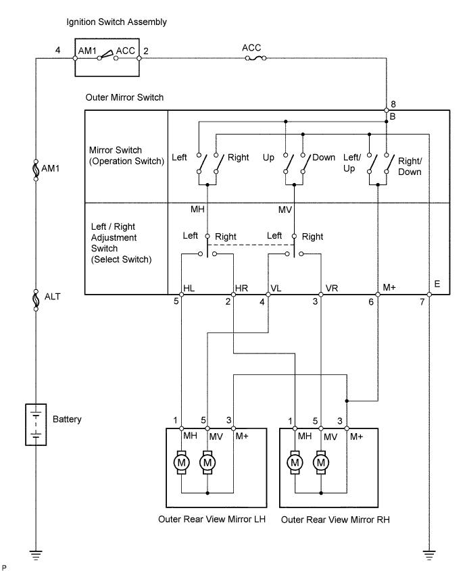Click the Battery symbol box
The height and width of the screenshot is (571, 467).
(x=36, y=424)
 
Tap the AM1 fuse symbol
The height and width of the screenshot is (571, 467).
(x=36, y=170)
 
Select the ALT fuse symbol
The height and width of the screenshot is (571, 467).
(x=36, y=300)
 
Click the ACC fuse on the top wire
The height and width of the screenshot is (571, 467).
(x=255, y=58)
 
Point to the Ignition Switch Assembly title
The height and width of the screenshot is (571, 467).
(x=116, y=22)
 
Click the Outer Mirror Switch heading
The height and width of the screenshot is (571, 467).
(x=124, y=97)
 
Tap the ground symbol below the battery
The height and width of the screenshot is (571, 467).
(x=36, y=555)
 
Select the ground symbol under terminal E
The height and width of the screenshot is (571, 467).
(x=429, y=555)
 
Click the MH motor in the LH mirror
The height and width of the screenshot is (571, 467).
(x=181, y=463)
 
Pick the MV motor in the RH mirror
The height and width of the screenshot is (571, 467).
(x=321, y=463)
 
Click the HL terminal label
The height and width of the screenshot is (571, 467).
(x=189, y=289)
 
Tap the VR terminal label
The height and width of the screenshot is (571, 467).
(x=331, y=289)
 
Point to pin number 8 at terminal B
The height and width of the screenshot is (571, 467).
(x=393, y=104)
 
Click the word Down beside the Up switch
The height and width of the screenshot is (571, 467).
(x=324, y=157)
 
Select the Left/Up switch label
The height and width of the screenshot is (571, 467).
(x=352, y=163)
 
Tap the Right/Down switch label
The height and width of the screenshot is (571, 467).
(x=410, y=166)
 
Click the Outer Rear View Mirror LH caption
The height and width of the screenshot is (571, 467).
(x=212, y=519)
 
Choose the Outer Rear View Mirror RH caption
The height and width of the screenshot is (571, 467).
(x=335, y=520)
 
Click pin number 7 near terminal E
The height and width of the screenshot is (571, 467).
(x=422, y=302)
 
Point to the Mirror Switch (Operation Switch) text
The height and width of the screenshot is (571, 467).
(x=126, y=155)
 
